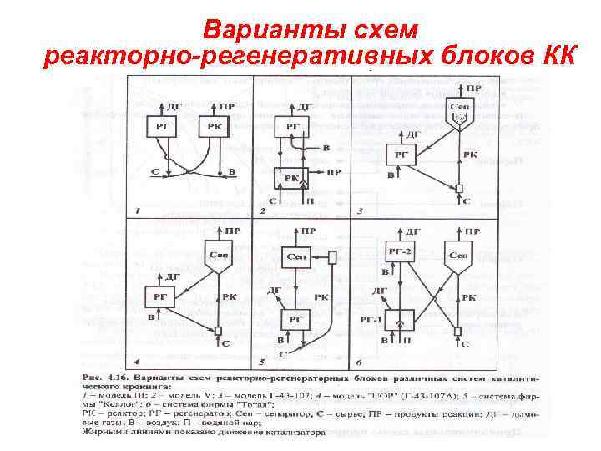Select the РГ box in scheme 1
tap(162, 127)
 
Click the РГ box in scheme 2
tap(292, 125)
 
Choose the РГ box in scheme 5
tap(295, 319)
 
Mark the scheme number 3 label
tap(360, 210)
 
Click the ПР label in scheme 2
tap(333, 173)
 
